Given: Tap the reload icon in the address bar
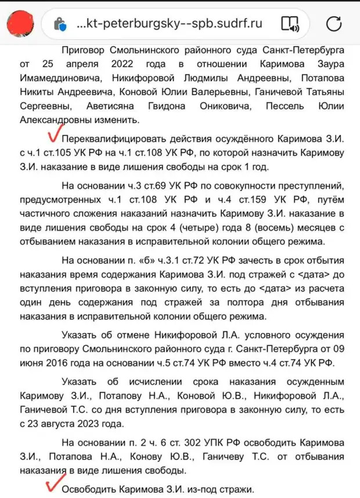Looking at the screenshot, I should [334, 24].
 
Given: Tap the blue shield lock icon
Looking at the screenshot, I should [59, 24].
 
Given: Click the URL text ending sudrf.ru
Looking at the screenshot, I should [169, 24].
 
